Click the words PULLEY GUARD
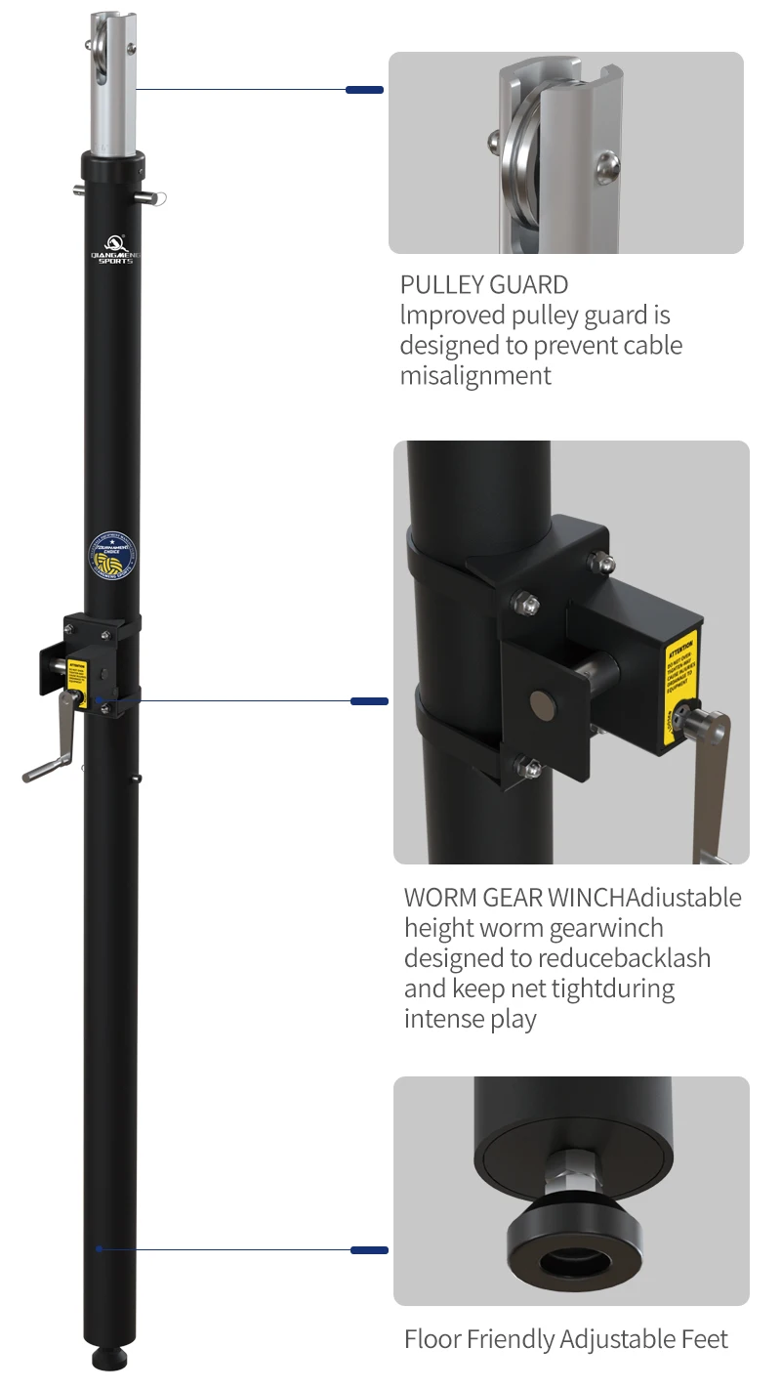click(x=484, y=285)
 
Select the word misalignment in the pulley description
click(x=475, y=375)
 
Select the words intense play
click(x=471, y=1019)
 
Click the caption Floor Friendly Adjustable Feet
click(x=566, y=1339)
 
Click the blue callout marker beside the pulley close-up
click(x=364, y=90)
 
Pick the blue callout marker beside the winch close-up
click(x=369, y=701)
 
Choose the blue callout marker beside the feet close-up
click(x=369, y=1250)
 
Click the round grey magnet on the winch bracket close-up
click(x=540, y=700)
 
